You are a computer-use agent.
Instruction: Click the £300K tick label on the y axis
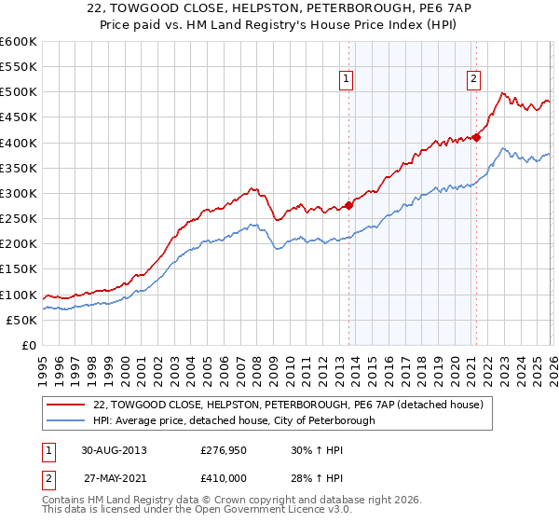[19, 193]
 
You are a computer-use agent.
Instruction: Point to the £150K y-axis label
[19, 269]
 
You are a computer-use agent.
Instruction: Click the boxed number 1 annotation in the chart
[346, 79]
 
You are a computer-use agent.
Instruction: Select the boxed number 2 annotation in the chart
[473, 79]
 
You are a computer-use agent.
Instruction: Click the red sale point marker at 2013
[349, 205]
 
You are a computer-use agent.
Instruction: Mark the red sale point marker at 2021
[476, 137]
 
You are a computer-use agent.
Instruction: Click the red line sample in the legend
[66, 405]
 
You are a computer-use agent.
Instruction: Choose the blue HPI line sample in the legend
[66, 420]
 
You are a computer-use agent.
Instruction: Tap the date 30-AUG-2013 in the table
[114, 449]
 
